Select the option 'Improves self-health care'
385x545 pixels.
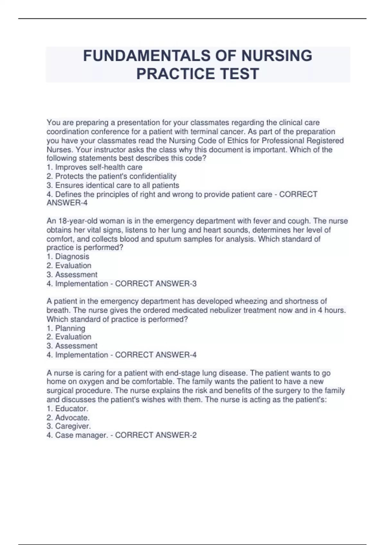click(98, 167)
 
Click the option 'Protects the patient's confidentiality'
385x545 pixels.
click(116, 176)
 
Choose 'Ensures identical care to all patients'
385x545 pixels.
click(117, 185)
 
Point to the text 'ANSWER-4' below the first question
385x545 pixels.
click(67, 203)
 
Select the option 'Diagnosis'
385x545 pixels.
click(72, 256)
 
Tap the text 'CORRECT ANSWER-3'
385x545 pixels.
click(156, 283)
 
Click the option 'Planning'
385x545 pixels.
click(70, 328)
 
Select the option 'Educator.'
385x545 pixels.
click(72, 408)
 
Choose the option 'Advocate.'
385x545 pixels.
click(72, 417)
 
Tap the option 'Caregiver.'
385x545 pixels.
click(73, 426)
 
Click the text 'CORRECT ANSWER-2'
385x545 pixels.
click(156, 435)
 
